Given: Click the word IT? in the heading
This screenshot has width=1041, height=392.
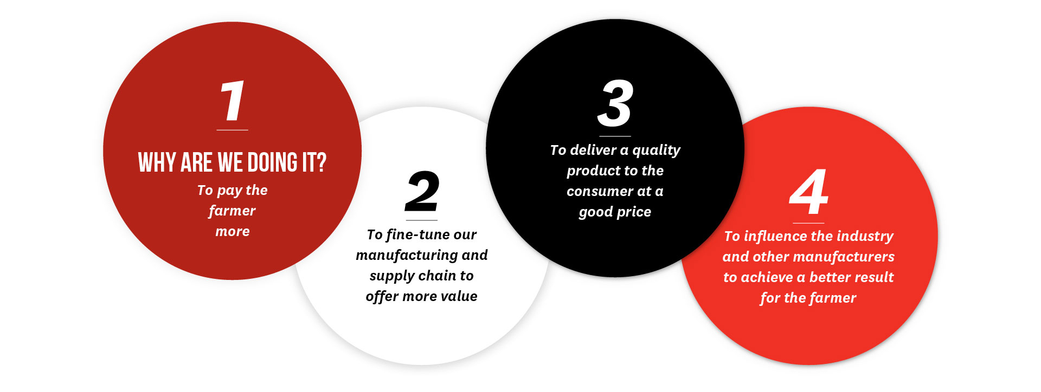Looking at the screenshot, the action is [314, 162].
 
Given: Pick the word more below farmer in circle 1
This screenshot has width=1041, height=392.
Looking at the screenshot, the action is [233, 232].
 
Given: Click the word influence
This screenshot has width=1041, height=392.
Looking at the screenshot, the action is [775, 237].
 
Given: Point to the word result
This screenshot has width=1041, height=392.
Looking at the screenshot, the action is [872, 277].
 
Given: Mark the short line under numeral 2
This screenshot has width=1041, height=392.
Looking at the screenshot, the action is [422, 220].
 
